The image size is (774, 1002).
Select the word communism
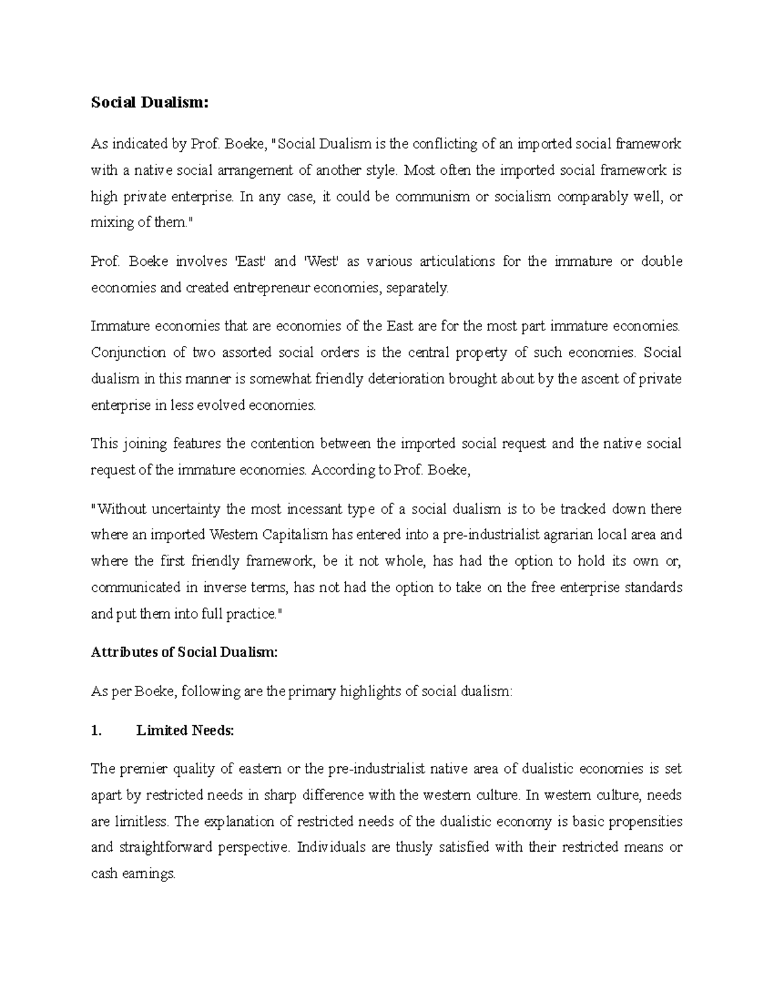pos(432,197)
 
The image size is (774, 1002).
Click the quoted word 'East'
pos(247,262)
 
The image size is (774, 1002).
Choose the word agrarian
pos(555,535)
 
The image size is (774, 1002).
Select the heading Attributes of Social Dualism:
pos(184,652)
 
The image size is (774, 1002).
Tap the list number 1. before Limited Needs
pos(97,731)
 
